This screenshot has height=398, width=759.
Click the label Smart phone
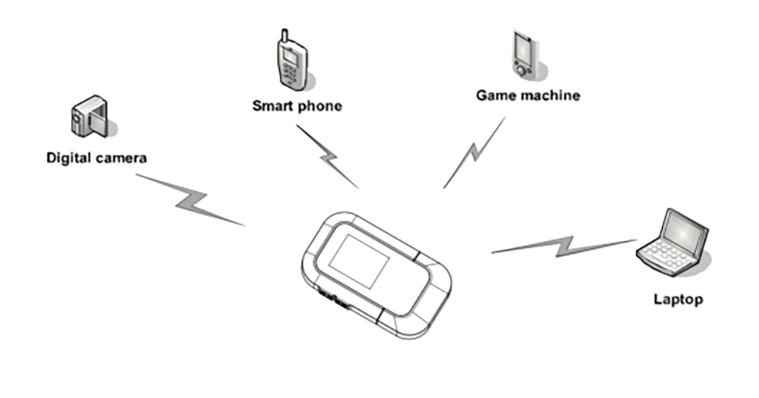297,106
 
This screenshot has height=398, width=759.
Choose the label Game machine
528,96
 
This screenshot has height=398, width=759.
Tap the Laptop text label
678,299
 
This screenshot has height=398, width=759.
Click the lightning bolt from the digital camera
190,199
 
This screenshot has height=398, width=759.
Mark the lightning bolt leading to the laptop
565,245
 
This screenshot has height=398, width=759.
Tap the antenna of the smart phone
284,36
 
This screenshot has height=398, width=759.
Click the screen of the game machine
523,48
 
